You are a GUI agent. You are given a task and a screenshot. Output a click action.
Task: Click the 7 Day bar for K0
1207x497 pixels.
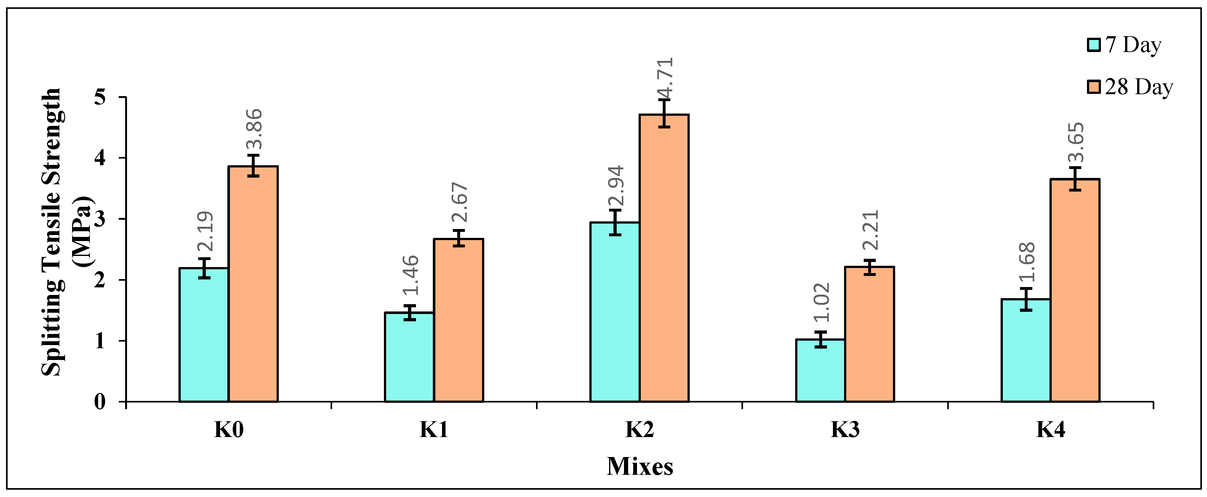click(x=204, y=335)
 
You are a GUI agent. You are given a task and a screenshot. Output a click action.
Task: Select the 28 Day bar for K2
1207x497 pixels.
click(x=664, y=258)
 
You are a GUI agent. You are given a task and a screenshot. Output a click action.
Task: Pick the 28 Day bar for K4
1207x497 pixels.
click(x=1074, y=290)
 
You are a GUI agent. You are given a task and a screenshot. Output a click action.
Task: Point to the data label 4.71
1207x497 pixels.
click(x=664, y=77)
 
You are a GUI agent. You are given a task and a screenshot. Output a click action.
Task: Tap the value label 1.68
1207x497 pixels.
click(x=1026, y=262)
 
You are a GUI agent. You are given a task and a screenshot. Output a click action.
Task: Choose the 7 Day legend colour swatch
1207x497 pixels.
click(x=1094, y=45)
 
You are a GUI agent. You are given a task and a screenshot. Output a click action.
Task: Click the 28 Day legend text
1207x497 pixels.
click(x=1139, y=87)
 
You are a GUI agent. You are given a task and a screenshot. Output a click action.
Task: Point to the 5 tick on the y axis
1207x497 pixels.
click(x=100, y=97)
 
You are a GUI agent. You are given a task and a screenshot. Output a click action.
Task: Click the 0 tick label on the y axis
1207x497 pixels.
click(x=100, y=402)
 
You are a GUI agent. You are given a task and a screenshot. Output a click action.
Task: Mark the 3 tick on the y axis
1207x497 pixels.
click(x=100, y=219)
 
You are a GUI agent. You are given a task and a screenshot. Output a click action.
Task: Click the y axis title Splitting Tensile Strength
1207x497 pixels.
click(x=51, y=232)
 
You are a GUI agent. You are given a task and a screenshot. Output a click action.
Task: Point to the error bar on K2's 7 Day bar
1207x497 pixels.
click(x=615, y=222)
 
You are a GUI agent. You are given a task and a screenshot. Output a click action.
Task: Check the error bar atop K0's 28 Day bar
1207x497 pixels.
click(x=253, y=166)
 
